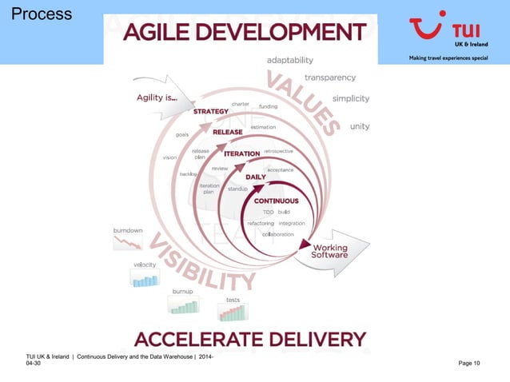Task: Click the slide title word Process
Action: tap(42, 14)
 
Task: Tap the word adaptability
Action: tap(289, 60)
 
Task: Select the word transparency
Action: tap(330, 78)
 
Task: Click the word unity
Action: tap(360, 126)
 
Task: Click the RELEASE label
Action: tap(228, 132)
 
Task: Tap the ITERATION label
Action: tap(241, 153)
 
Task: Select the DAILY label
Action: tap(256, 177)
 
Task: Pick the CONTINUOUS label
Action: tap(276, 201)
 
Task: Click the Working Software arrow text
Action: tap(329, 250)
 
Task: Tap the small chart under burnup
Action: tap(183, 305)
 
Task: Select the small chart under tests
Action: tap(233, 312)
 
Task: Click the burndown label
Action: tap(128, 230)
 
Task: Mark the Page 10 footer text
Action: tap(469, 364)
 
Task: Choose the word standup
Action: tap(237, 189)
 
